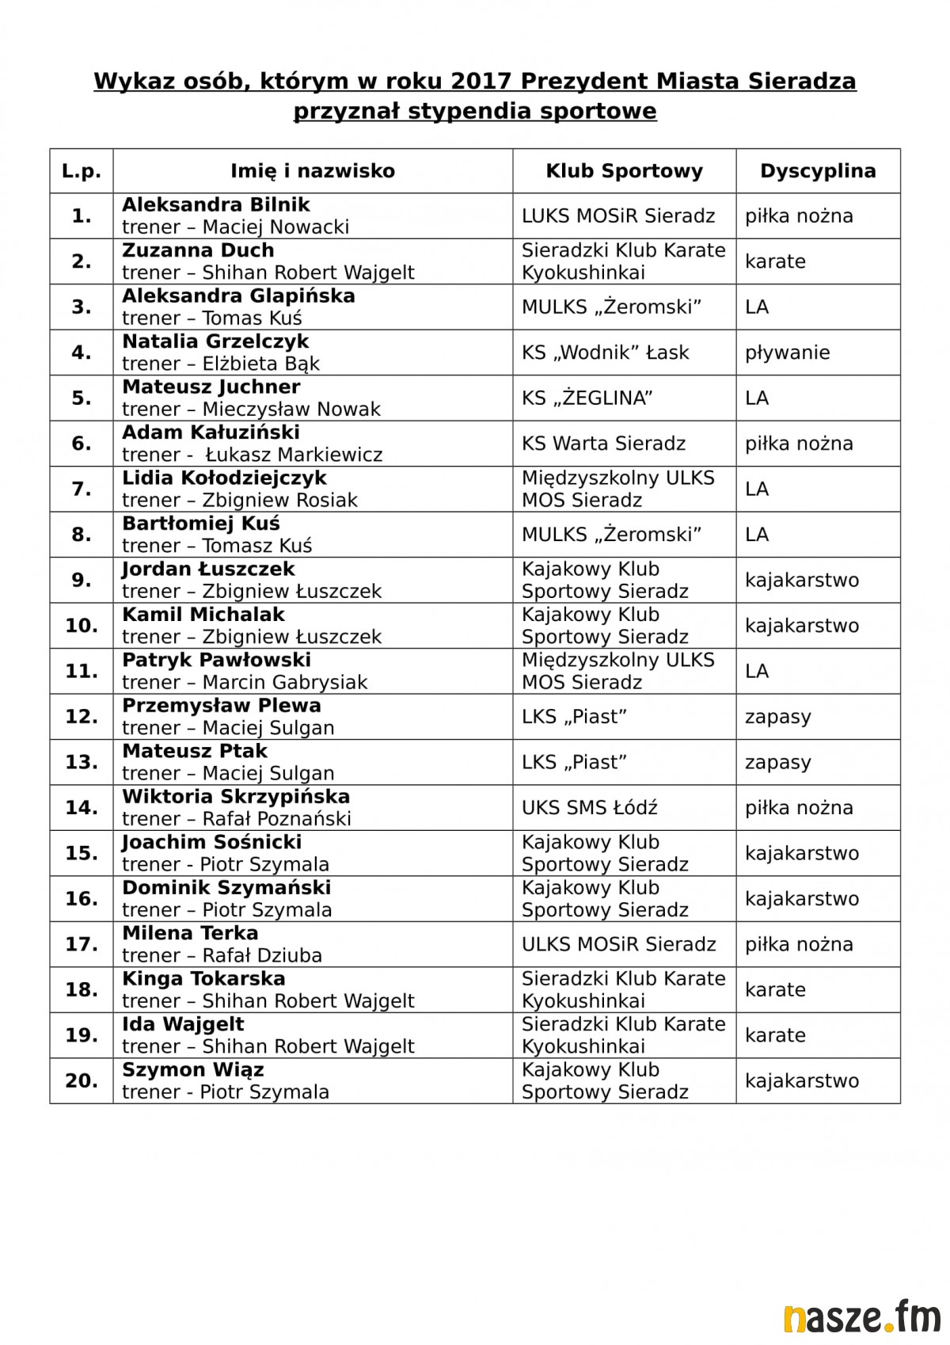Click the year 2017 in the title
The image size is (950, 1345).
point(483,82)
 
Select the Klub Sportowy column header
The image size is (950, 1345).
point(624,171)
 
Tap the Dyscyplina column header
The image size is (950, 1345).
point(818,171)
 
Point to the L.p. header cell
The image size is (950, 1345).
point(82,171)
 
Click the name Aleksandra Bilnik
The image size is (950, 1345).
point(216,205)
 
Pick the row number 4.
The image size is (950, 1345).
point(82,352)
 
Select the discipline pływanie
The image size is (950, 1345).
point(787,352)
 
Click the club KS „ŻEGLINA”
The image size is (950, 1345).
point(587,398)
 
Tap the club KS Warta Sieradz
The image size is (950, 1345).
point(603,444)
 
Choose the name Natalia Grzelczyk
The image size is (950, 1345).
point(215,341)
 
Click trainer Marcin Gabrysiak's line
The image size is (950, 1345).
point(245,682)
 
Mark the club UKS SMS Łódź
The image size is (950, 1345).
point(589,808)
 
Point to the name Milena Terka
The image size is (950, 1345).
point(190,933)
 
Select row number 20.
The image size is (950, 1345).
point(82,1080)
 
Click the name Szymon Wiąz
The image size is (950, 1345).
point(192,1070)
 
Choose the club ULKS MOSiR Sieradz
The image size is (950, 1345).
point(618,944)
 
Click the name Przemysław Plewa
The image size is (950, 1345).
point(222,706)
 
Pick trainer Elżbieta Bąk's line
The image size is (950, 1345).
point(221,364)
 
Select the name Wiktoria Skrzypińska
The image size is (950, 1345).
point(236,797)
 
